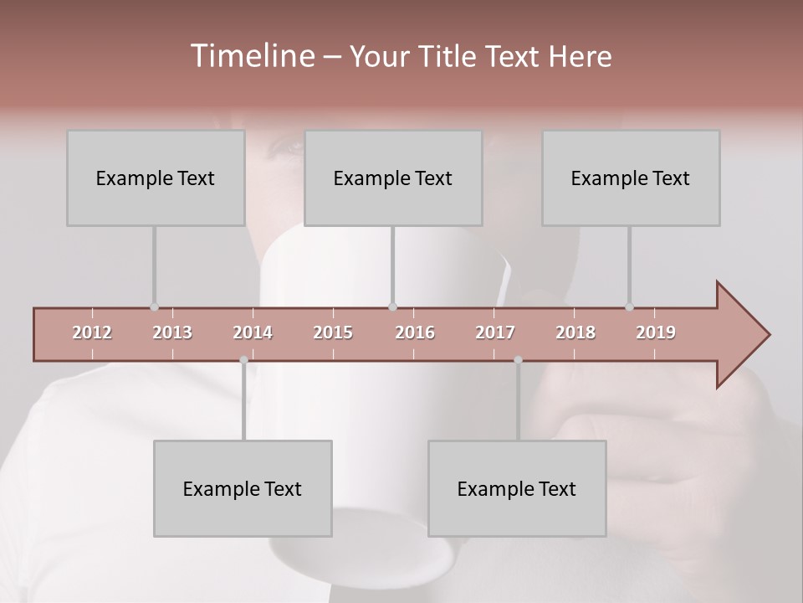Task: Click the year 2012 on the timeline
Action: pos(92,332)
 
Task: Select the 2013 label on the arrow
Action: pos(172,332)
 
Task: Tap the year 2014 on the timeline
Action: pos(253,332)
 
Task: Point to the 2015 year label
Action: pos(333,332)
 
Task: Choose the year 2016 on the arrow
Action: pos(415,332)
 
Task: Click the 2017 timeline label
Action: pos(495,332)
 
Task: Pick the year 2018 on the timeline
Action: pos(575,332)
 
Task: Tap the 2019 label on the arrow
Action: pos(656,332)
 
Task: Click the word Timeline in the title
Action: pos(250,56)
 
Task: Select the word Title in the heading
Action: pos(450,56)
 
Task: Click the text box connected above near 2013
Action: pos(156,178)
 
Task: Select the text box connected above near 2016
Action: pos(393,178)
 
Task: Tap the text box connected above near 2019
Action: pos(631,178)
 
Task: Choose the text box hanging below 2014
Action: pos(243,488)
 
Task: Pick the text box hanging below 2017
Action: pos(517,488)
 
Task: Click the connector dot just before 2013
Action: pos(154,307)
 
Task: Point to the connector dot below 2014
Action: pos(243,360)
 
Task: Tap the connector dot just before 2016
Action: pos(392,307)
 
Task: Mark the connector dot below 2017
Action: pos(518,360)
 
